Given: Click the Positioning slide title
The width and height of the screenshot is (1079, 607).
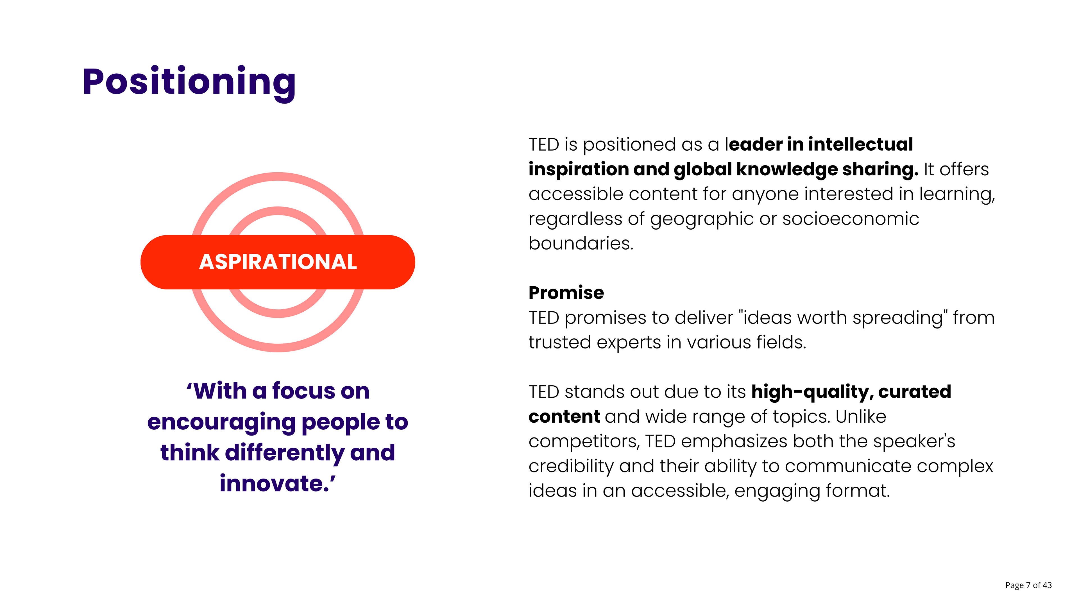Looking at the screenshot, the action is pos(189,83).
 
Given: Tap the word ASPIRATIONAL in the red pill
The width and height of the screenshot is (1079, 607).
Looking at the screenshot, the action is pos(278,262).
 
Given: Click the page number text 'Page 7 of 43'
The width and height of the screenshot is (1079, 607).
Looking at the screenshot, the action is pos(1028,585).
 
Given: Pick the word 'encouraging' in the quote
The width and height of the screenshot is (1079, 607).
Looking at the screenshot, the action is pos(222,423).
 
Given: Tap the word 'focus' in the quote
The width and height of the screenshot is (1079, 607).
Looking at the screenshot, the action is pos(304,391).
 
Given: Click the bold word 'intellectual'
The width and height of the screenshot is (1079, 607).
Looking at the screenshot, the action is pos(860,144).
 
